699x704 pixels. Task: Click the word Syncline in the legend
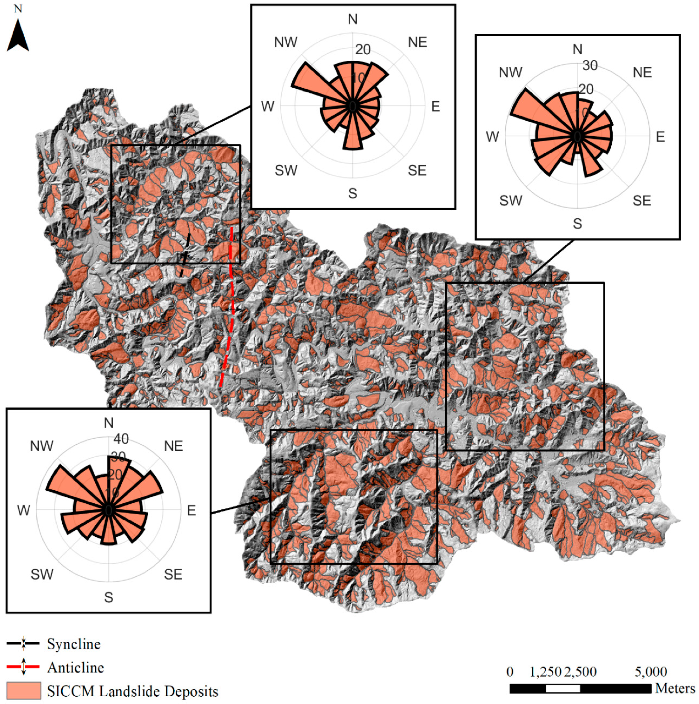pyautogui.click(x=74, y=644)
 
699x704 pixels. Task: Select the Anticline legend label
pyautogui.click(x=75, y=668)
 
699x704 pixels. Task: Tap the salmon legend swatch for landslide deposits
pyautogui.click(x=24, y=691)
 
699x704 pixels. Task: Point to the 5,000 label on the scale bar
pyautogui.click(x=651, y=672)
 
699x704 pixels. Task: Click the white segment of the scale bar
pyautogui.click(x=563, y=689)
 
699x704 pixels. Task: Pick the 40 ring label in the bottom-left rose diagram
pyautogui.click(x=121, y=439)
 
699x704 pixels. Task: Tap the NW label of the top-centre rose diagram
pyautogui.click(x=286, y=42)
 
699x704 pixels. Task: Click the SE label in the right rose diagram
pyautogui.click(x=642, y=200)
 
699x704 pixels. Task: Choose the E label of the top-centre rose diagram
pyautogui.click(x=436, y=106)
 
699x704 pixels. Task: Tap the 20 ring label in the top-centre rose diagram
pyautogui.click(x=363, y=49)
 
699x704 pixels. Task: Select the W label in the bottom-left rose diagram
pyautogui.click(x=24, y=510)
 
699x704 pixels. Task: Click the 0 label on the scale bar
pyautogui.click(x=510, y=672)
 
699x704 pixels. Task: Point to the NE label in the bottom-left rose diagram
pyautogui.click(x=173, y=446)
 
